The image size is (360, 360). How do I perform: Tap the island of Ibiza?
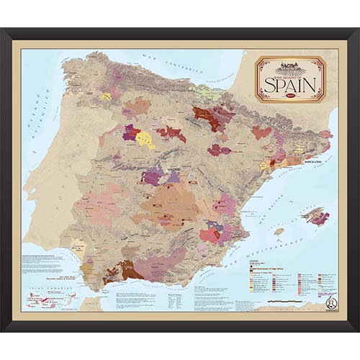pyautogui.click(x=279, y=232)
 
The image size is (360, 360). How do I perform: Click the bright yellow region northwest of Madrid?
pyautogui.click(x=145, y=140)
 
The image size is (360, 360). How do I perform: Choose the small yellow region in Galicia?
pyautogui.click(x=106, y=96)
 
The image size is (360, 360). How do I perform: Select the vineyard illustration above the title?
pyautogui.click(x=291, y=66)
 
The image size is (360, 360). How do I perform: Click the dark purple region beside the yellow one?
pyautogui.click(x=131, y=132)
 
